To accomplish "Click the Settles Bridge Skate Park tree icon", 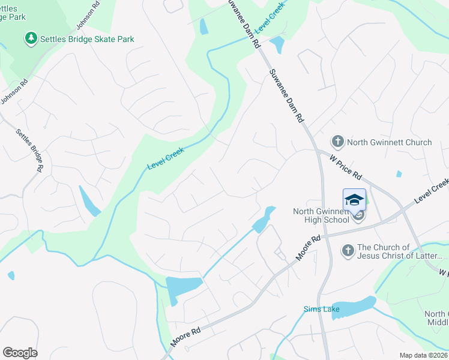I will pos(31,39).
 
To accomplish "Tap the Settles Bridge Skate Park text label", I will pos(87,39).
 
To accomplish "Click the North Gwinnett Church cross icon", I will pos(337,142).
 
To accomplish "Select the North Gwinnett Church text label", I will pos(389,142).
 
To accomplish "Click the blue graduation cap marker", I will pos(354,200).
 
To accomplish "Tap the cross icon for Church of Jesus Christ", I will pos(348,251).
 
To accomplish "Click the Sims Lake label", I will pos(321,310).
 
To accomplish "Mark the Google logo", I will pos(20,352).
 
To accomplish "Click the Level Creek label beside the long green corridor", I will pos(165,158).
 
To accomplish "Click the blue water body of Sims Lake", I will pos(354,307).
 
